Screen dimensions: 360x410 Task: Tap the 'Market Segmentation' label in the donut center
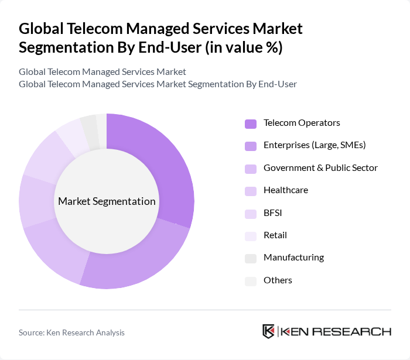point(107,201)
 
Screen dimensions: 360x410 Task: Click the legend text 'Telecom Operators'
point(302,123)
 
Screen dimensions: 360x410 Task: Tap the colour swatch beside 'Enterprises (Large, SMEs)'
point(250,146)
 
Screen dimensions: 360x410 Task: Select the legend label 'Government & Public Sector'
point(320,168)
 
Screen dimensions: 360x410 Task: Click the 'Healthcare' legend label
point(285,190)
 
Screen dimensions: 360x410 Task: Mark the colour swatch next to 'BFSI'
point(250,214)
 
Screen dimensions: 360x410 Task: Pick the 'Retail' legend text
point(275,235)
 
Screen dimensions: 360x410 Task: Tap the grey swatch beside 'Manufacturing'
point(250,258)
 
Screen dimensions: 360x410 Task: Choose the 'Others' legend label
point(278,280)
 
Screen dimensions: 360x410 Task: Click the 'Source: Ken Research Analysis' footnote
point(71,332)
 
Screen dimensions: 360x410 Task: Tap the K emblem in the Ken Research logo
point(268,331)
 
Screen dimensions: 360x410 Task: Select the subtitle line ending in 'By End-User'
point(158,84)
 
